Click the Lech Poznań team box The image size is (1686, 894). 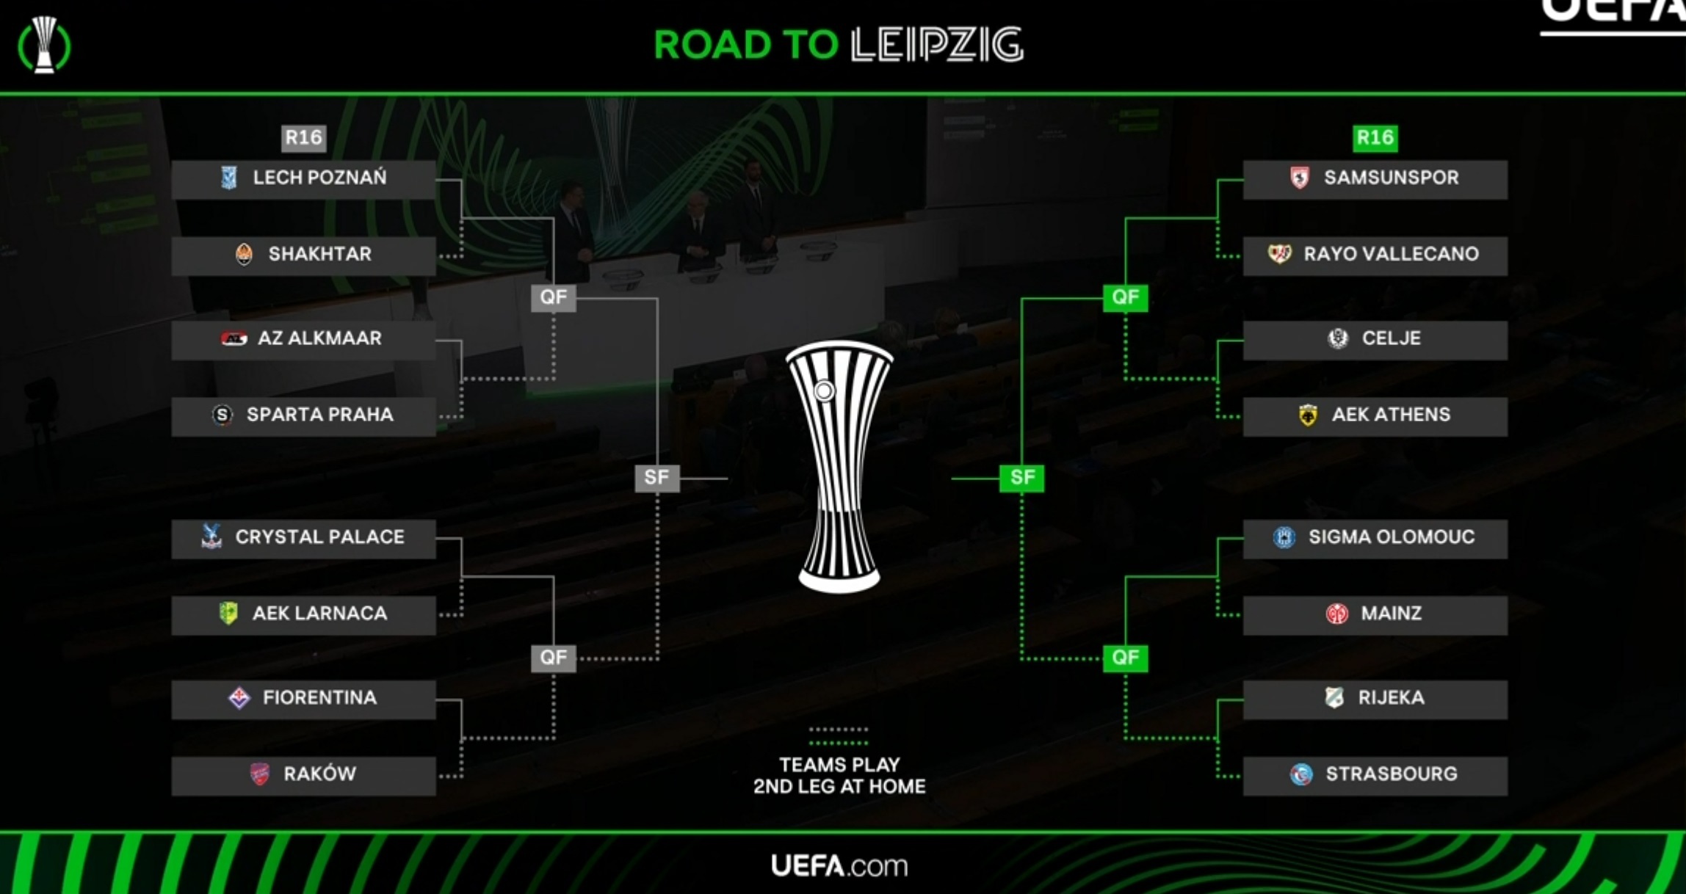[x=303, y=179]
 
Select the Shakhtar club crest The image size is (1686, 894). [x=244, y=254]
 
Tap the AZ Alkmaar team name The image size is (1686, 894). [x=319, y=338]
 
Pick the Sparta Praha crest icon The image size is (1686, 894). [x=222, y=415]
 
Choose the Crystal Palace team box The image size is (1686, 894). [x=303, y=539]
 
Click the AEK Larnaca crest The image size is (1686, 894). [x=228, y=613]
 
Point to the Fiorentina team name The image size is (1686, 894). [x=319, y=697]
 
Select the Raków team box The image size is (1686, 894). [x=303, y=776]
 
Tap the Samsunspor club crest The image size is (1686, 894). [x=1299, y=178]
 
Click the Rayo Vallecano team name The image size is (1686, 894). [x=1391, y=254]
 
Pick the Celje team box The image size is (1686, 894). [x=1375, y=340]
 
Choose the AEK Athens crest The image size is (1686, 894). [x=1308, y=415]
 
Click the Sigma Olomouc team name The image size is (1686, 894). [x=1391, y=537]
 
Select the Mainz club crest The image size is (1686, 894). [x=1336, y=614]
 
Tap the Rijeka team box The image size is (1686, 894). [x=1375, y=699]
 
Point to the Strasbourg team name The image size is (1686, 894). [x=1391, y=774]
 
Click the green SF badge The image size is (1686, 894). [x=1021, y=478]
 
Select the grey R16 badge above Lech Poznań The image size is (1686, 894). [x=303, y=137]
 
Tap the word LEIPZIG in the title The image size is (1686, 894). [x=937, y=45]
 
